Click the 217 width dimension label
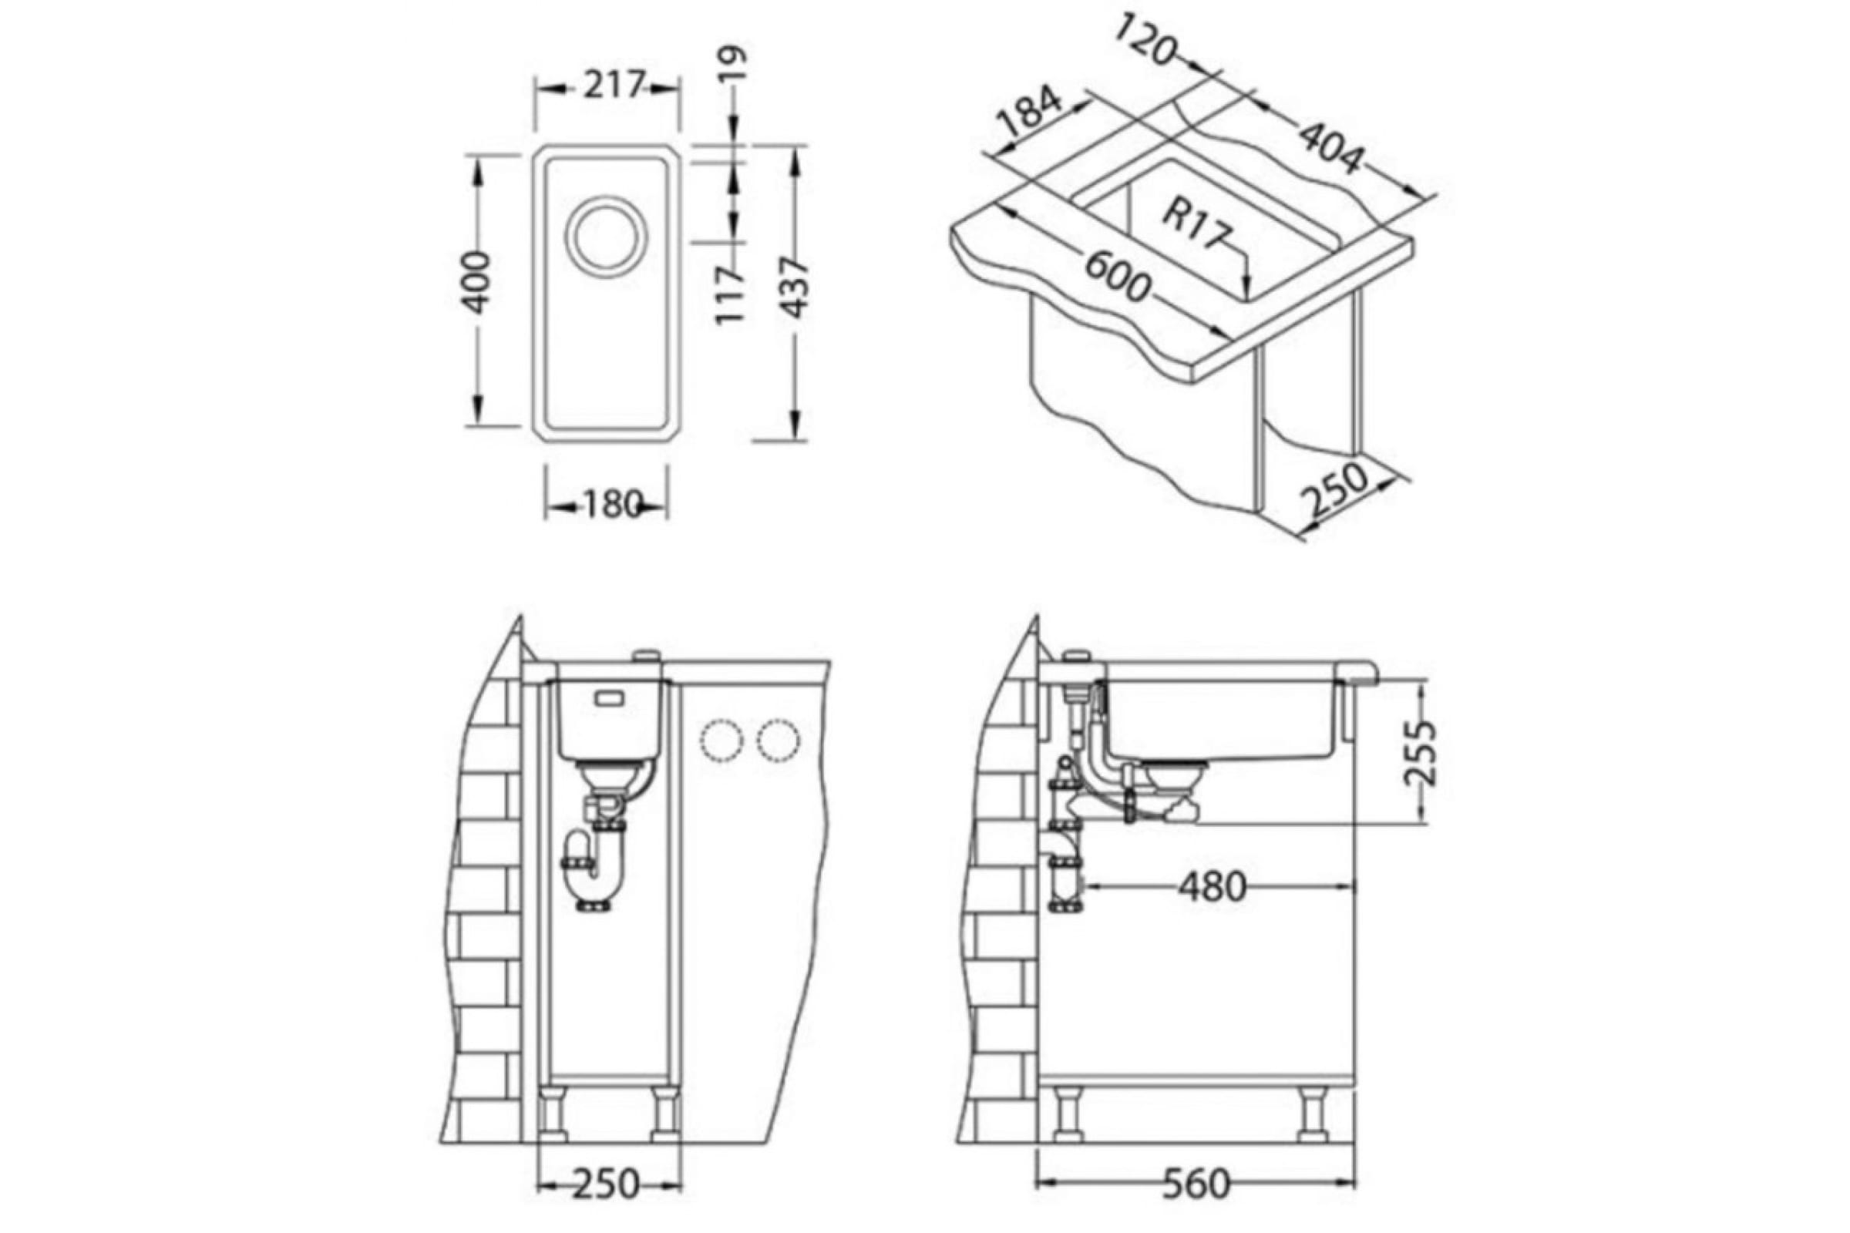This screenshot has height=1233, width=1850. click(614, 86)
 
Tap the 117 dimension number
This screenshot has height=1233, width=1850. click(729, 294)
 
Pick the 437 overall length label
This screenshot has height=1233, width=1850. click(796, 287)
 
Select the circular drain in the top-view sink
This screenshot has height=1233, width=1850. click(605, 236)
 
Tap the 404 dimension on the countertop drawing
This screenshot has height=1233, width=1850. click(1329, 148)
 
